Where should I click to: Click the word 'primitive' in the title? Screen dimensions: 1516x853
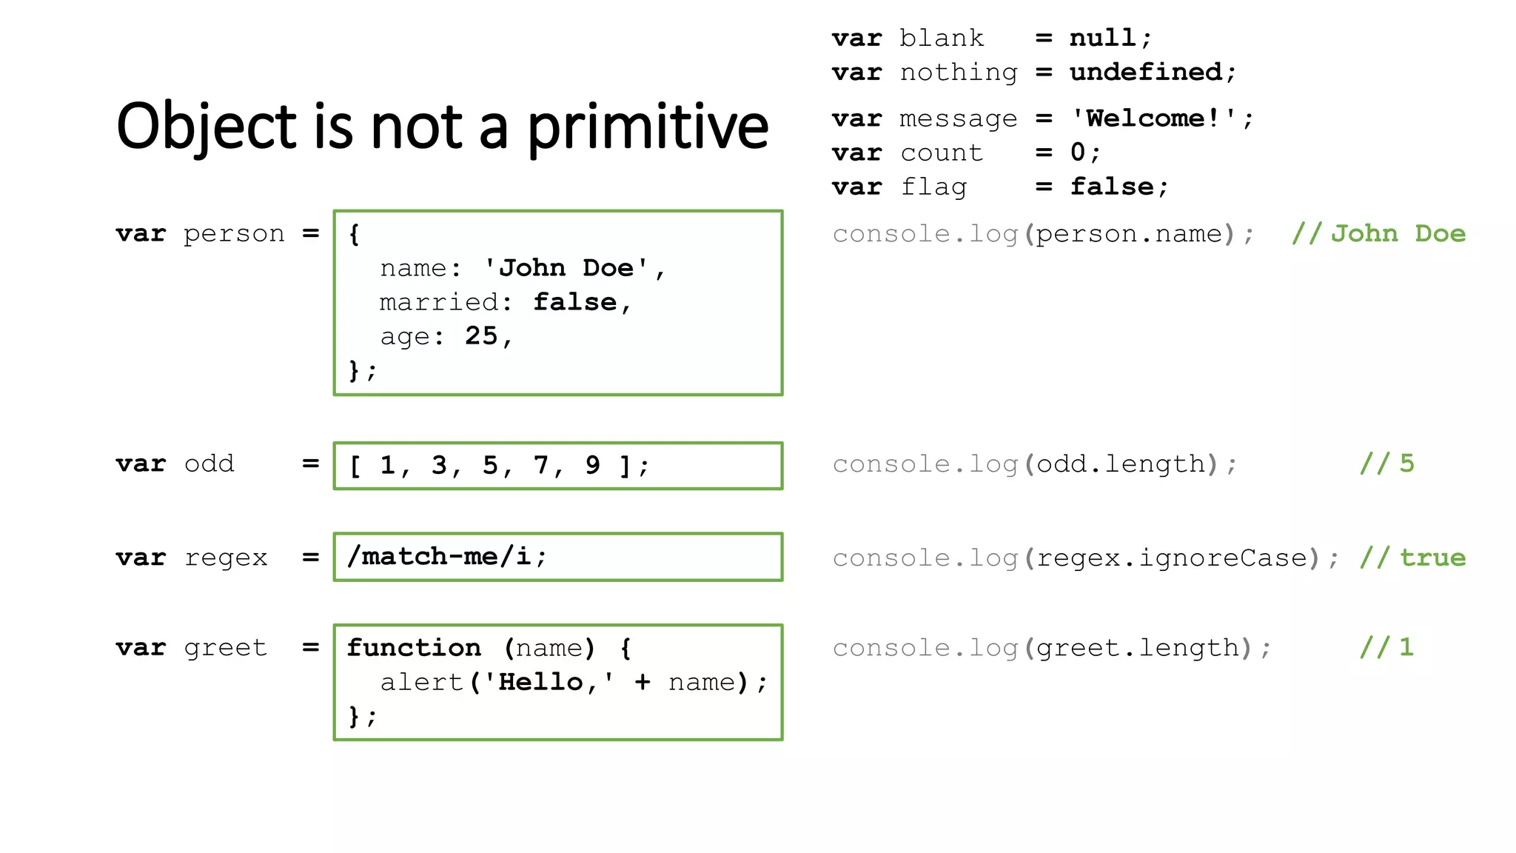648,127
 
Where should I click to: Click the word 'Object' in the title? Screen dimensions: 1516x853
207,127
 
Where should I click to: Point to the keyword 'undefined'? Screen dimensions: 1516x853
1146,72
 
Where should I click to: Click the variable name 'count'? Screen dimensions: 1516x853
942,153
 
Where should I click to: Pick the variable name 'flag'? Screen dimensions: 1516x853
933,187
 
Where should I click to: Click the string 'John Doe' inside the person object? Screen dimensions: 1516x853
566,268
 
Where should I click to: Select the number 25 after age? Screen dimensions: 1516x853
481,336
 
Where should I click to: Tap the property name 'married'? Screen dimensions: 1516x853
439,302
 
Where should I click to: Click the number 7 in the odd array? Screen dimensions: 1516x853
541,465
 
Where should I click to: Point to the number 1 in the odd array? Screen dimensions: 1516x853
387,465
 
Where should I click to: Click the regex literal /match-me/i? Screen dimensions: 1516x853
440,556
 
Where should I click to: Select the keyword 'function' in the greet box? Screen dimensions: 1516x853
414,648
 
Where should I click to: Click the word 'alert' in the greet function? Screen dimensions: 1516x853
421,682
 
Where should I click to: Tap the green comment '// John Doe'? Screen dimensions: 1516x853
1378,234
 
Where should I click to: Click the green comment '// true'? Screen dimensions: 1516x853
1412,558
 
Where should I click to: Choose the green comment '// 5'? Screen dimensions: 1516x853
1386,464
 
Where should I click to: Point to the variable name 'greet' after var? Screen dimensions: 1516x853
225,648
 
